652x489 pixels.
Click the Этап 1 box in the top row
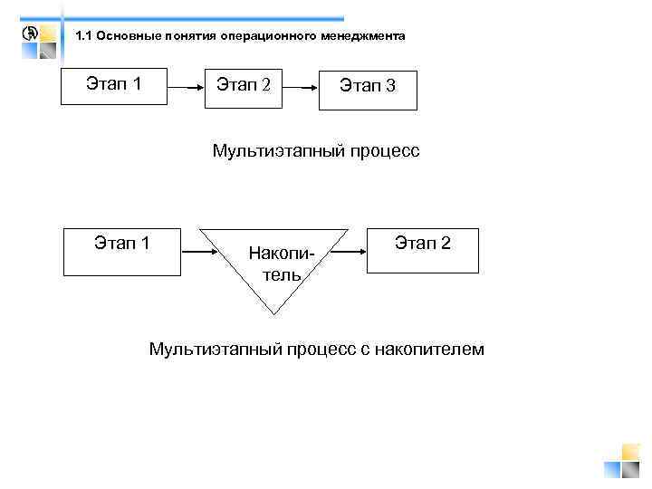[x=113, y=87]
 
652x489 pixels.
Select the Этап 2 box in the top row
[x=241, y=87]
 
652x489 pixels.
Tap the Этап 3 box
[x=368, y=90]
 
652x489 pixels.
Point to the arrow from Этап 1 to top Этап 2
[x=186, y=89]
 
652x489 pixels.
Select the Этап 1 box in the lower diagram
[x=121, y=251]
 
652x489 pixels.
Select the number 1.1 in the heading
[x=84, y=36]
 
